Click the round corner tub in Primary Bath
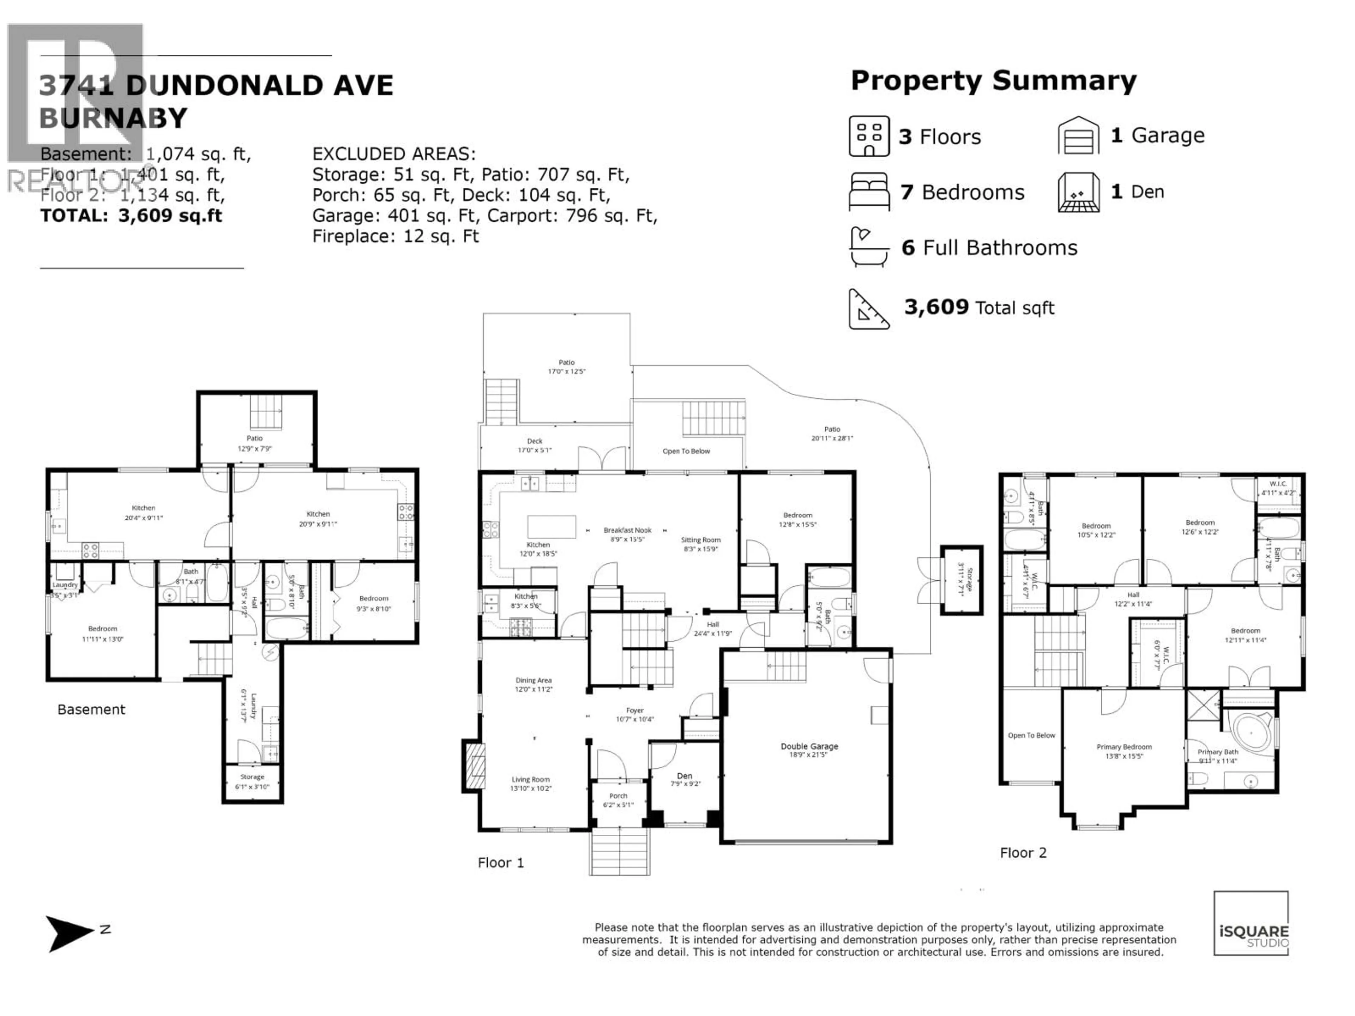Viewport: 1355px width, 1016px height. click(x=1252, y=732)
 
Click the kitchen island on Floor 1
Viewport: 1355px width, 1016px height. click(x=551, y=527)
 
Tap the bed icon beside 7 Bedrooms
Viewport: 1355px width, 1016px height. click(x=869, y=192)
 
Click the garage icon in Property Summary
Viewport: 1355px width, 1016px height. click(x=1078, y=135)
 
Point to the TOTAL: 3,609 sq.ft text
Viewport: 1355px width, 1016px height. click(x=131, y=216)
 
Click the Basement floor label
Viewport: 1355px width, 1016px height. click(x=91, y=709)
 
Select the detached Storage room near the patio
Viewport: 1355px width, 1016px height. click(x=962, y=579)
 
